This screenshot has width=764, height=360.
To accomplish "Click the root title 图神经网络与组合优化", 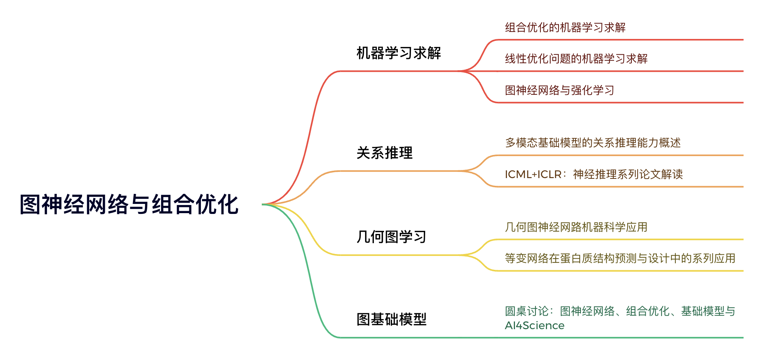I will click(x=129, y=204).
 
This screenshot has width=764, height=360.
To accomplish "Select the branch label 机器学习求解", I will click(x=399, y=53).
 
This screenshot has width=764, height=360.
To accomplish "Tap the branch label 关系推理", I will click(x=384, y=153).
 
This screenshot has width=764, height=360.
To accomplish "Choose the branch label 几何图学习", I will click(x=391, y=237).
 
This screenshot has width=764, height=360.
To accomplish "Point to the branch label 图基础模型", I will click(x=391, y=319).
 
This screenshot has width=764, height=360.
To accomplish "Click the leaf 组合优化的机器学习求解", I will click(x=565, y=27).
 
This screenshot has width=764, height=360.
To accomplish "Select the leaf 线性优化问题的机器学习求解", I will click(x=576, y=59).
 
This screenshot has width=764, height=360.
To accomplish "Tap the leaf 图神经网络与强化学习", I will click(x=559, y=90).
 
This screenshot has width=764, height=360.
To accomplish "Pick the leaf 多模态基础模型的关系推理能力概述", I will click(x=593, y=143).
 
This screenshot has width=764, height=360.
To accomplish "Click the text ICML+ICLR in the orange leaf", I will click(x=533, y=174).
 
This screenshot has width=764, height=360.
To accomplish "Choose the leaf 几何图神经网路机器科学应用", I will click(x=576, y=227).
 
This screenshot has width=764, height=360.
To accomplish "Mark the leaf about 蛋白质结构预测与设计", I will click(x=620, y=258).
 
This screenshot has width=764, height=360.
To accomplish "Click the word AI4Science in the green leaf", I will click(x=534, y=326).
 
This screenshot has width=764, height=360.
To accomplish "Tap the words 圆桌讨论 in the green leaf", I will click(x=527, y=311).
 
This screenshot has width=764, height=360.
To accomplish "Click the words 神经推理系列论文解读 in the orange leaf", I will click(x=628, y=174).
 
